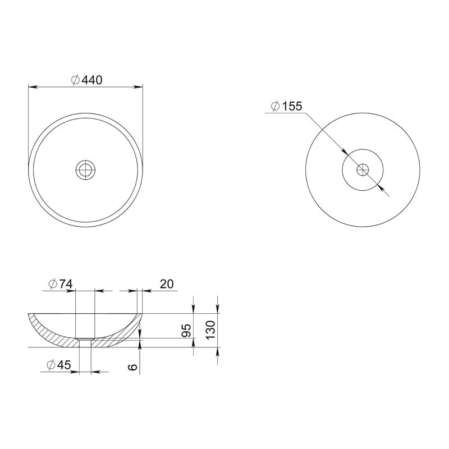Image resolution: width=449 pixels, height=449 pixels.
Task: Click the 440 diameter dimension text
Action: click(86, 80)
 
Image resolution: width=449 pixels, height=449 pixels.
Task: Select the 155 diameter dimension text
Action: click(287, 106)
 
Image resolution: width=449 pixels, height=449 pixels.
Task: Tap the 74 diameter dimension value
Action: click(61, 284)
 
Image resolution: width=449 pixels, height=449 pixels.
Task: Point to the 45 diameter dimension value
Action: click(59, 365)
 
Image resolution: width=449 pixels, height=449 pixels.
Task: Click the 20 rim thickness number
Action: click(167, 284)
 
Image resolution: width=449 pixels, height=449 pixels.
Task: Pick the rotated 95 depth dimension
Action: click(186, 331)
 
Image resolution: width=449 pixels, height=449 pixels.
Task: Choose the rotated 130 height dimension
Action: click(211, 330)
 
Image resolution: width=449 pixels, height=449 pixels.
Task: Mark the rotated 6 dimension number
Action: click(133, 367)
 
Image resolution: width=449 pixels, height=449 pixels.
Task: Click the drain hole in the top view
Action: click(85, 170)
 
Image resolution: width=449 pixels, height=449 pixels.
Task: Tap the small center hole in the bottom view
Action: click(363, 170)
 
